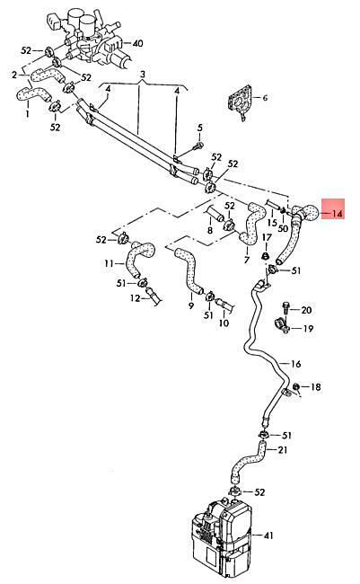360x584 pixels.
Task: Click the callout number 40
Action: tap(137, 43)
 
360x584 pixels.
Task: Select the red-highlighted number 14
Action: tap(337, 214)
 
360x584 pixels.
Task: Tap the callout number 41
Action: tap(268, 535)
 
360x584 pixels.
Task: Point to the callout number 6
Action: tap(265, 98)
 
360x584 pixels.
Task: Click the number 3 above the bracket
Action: tap(143, 74)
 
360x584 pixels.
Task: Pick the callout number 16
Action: tap(295, 364)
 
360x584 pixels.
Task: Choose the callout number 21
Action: tap(283, 450)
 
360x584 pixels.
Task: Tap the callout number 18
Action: tap(315, 387)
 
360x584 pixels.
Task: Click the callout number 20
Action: tap(306, 310)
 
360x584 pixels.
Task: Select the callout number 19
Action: tap(308, 329)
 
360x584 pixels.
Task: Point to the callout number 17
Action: tap(267, 237)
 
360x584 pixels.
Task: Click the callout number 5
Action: tap(200, 128)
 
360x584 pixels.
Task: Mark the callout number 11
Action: tap(109, 263)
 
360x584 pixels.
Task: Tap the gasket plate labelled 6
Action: tap(239, 101)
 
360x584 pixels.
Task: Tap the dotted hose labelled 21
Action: tap(248, 459)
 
